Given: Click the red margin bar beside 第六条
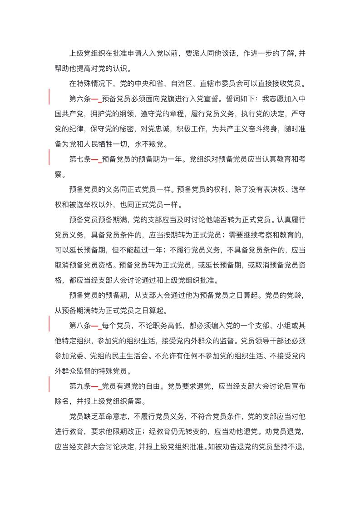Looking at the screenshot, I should [x=49, y=98].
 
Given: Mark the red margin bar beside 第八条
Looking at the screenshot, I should [x=49, y=326].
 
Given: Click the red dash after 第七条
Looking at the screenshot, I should [x=96, y=159].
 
